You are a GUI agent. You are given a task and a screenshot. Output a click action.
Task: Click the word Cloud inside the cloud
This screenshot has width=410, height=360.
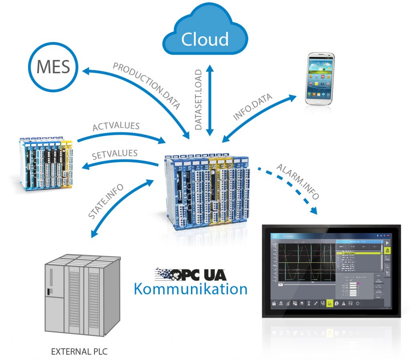(205, 39)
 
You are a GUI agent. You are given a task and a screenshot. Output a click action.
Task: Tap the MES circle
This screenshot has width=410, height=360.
(53, 67)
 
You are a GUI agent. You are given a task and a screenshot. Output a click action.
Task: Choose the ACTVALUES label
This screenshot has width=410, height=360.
(116, 127)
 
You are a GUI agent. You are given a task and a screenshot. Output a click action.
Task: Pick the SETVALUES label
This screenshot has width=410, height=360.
(115, 154)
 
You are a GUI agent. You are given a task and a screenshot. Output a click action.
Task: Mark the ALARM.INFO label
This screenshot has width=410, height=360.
(298, 182)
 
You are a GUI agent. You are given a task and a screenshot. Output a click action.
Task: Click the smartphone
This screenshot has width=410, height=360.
(319, 79)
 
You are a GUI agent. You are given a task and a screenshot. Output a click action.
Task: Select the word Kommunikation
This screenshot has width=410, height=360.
(190, 288)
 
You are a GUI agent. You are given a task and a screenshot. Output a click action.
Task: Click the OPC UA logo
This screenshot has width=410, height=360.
(190, 274)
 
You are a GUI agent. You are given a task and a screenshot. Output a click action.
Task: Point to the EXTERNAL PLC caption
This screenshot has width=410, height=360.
(79, 352)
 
